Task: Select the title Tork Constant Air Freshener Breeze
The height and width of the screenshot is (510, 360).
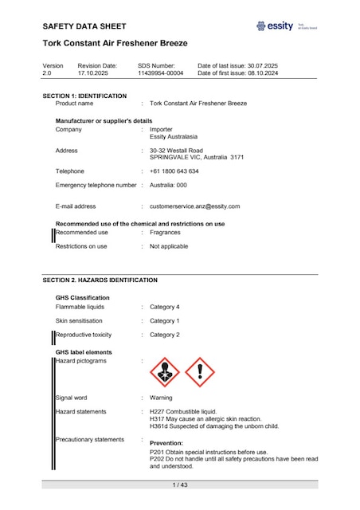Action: pyautogui.click(x=115, y=43)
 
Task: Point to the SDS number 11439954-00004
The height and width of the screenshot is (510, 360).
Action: pyautogui.click(x=160, y=73)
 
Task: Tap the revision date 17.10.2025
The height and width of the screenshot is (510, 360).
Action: pyautogui.click(x=95, y=73)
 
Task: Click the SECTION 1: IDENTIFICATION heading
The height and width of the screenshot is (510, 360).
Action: pyautogui.click(x=84, y=96)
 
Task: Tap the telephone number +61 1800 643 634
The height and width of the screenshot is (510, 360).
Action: pyautogui.click(x=174, y=171)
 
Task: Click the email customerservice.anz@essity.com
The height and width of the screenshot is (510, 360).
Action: pyautogui.click(x=194, y=206)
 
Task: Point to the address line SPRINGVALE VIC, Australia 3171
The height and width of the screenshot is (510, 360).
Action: pyautogui.click(x=197, y=157)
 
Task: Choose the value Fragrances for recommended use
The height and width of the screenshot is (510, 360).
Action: pyautogui.click(x=165, y=233)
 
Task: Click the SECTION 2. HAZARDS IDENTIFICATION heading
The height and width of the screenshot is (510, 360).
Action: pyautogui.click(x=100, y=280)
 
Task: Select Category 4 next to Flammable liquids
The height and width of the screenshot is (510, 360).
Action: pyautogui.click(x=165, y=307)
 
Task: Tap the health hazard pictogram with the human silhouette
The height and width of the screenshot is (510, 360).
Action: pyautogui.click(x=166, y=372)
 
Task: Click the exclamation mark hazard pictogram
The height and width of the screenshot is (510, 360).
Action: pyautogui.click(x=200, y=372)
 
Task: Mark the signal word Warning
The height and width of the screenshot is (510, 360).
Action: pyautogui.click(x=161, y=397)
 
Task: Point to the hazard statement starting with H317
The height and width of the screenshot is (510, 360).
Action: pyautogui.click(x=205, y=418)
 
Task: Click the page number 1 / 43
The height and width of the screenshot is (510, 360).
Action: pyautogui.click(x=179, y=484)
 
